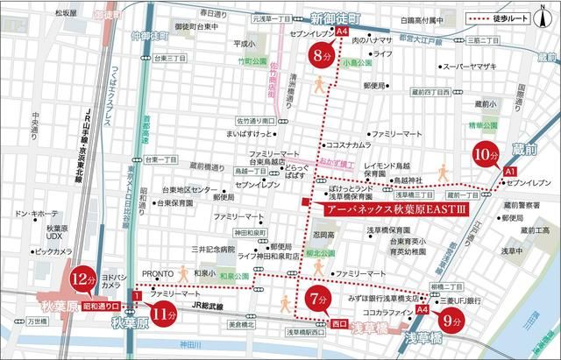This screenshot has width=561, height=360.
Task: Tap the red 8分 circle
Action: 322,56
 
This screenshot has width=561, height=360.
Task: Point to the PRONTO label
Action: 159,272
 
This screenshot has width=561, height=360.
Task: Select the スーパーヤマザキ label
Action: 469,66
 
